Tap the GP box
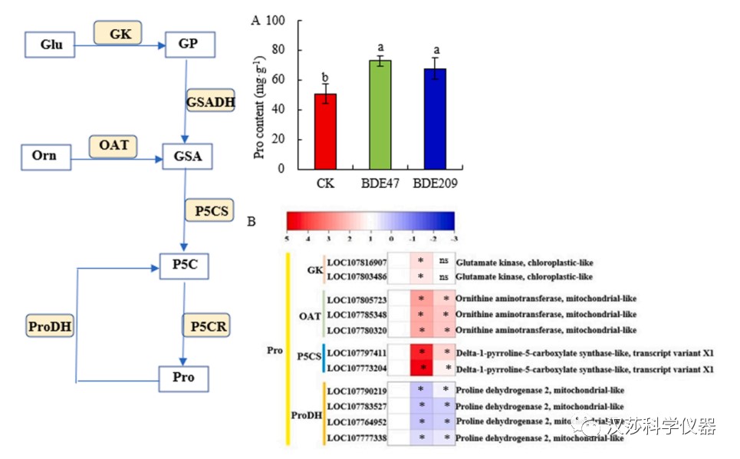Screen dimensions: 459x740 (187, 45)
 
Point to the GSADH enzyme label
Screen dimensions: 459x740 (211, 101)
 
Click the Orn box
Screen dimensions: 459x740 (44, 157)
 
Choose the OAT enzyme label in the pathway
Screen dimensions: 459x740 (113, 144)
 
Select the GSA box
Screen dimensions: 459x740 (187, 157)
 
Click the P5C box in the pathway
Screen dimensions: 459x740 (183, 266)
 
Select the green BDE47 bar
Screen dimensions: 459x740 (380, 114)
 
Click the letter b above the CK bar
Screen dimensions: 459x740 (325, 78)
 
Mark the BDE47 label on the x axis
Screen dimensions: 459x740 (380, 184)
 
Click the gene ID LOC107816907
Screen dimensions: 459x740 (357, 261)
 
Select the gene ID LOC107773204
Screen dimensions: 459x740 (357, 368)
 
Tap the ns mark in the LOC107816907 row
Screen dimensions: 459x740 (444, 261)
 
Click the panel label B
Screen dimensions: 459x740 (251, 222)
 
